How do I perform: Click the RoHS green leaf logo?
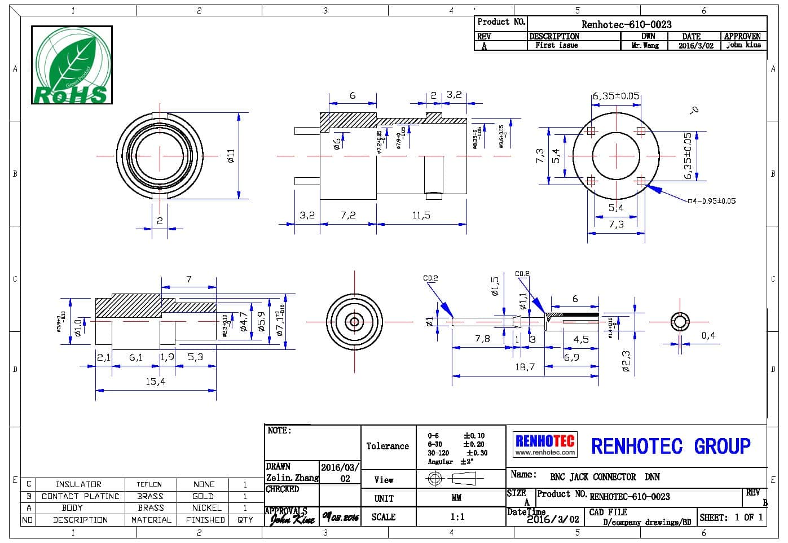pos(72,65)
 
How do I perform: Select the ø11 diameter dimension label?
pos(230,156)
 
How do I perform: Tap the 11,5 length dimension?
pos(421,215)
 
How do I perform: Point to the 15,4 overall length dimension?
pos(155,382)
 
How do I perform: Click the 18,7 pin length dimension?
pos(524,367)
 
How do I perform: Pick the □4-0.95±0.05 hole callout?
pos(712,201)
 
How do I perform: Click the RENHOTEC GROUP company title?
pos(671,446)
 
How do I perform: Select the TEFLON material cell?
pos(149,484)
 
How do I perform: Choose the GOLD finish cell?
pos(203,496)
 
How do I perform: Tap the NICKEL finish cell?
pos(206,508)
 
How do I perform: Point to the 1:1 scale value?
pos(457,516)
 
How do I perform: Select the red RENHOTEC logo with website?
pos(545,444)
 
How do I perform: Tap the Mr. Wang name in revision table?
pos(645,45)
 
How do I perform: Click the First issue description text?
pos(556,45)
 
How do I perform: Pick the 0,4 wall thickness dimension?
pos(708,335)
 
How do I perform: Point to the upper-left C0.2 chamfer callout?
pos(430,278)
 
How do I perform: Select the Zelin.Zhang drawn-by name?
pos(292,478)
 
